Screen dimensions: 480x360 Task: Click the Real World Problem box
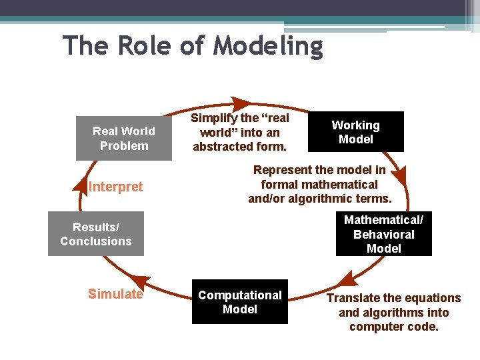coord(123,139)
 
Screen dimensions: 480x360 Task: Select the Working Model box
coord(355,132)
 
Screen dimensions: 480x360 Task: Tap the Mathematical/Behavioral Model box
coord(383,234)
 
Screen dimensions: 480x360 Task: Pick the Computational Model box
coord(239,302)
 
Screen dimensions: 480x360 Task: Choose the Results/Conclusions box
coord(95,234)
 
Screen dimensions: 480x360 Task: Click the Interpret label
coord(115,187)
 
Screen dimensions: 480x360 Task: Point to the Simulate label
coord(115,294)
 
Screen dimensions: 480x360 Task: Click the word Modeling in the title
coord(268,47)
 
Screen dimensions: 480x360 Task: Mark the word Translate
coord(353,298)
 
